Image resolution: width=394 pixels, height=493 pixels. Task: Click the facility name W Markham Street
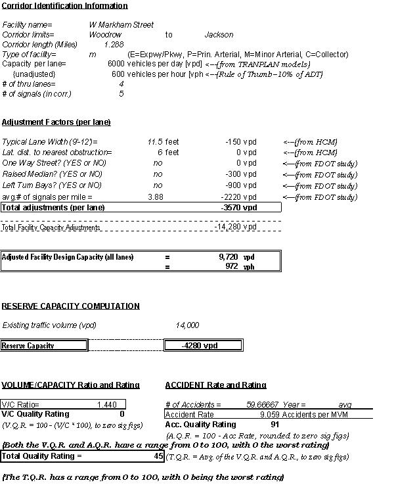121,25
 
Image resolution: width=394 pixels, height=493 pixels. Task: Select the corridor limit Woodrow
105,35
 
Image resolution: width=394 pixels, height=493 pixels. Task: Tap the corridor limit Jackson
219,35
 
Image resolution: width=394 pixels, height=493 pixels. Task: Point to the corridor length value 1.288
114,45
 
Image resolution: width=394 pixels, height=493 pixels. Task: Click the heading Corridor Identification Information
64,6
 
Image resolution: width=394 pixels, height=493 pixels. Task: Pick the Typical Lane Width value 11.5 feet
163,142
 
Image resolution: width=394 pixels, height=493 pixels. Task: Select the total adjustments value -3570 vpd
239,208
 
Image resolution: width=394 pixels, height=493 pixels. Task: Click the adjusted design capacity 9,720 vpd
228,257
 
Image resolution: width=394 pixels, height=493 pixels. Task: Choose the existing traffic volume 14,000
187,325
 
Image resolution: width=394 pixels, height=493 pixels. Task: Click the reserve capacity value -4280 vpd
202,346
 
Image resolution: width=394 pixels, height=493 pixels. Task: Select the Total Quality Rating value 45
158,456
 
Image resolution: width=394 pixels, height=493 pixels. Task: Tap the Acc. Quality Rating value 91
275,425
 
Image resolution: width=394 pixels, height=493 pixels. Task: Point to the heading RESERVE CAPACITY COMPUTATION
70,306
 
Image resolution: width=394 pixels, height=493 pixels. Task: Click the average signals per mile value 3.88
156,197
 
